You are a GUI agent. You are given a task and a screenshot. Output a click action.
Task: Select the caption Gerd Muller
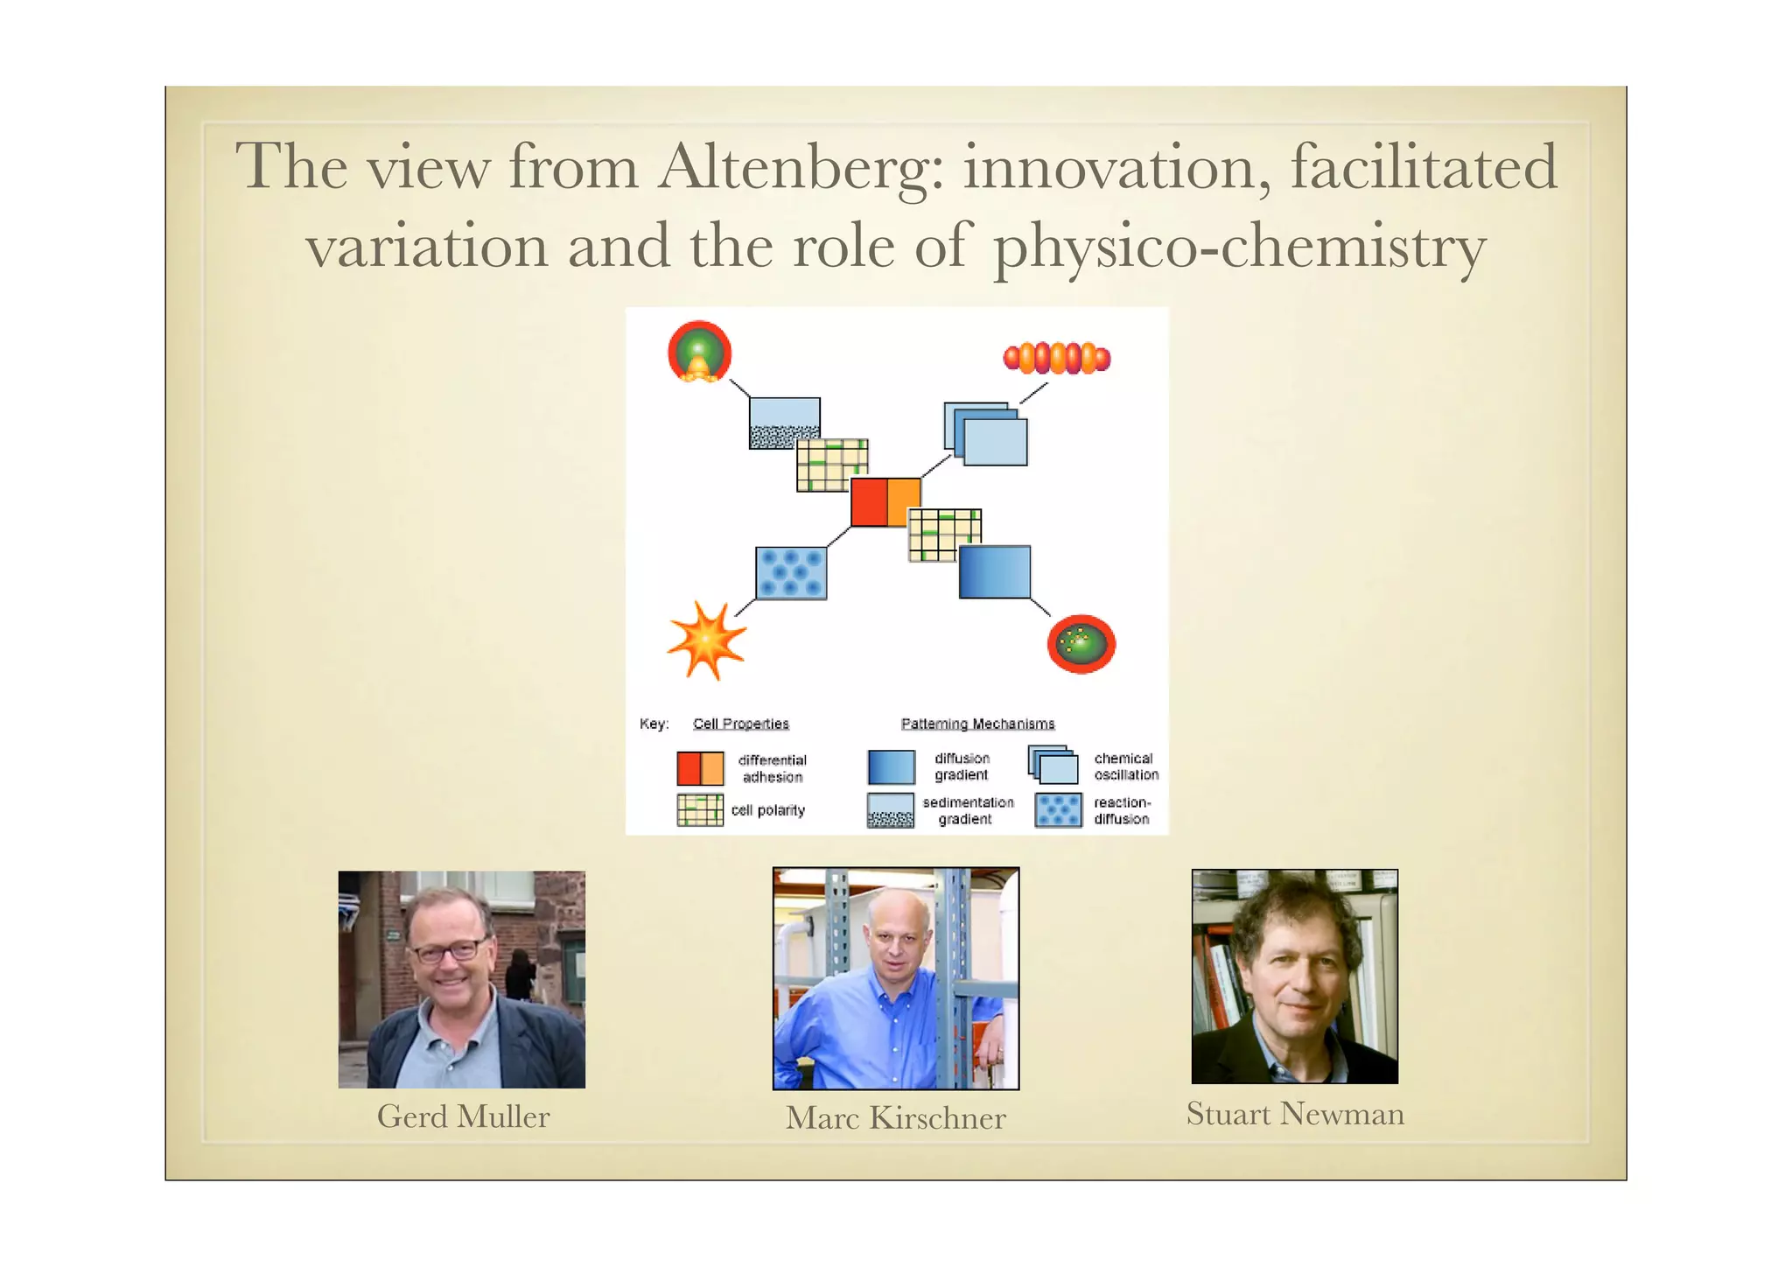(x=463, y=1116)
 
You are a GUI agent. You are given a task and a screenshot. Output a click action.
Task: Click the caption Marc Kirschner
(x=895, y=1117)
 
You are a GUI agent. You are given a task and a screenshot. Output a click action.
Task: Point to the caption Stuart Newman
(x=1294, y=1114)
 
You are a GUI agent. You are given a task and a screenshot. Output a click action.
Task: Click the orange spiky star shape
(x=706, y=640)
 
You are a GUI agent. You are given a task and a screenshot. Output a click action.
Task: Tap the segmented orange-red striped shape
(x=1056, y=358)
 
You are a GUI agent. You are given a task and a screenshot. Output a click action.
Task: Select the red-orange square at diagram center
(x=885, y=502)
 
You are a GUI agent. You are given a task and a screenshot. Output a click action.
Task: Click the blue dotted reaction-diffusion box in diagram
(x=791, y=573)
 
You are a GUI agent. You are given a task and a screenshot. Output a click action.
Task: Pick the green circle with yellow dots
(x=1081, y=644)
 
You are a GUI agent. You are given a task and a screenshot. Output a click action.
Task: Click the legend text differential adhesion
(x=772, y=768)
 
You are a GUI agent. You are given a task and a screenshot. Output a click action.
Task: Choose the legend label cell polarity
(x=767, y=810)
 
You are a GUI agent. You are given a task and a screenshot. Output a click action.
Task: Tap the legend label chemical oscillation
(x=1125, y=766)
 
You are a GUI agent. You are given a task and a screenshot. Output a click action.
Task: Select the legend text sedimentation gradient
(x=967, y=810)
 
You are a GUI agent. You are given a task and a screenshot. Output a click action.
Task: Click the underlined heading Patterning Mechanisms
(x=977, y=724)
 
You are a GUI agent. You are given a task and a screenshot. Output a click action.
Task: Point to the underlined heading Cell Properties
(x=740, y=724)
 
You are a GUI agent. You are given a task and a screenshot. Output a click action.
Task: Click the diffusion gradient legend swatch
(x=891, y=767)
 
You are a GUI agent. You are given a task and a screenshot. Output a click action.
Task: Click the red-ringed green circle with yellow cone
(x=699, y=352)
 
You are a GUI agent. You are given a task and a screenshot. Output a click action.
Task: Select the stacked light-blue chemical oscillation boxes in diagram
(x=986, y=434)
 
